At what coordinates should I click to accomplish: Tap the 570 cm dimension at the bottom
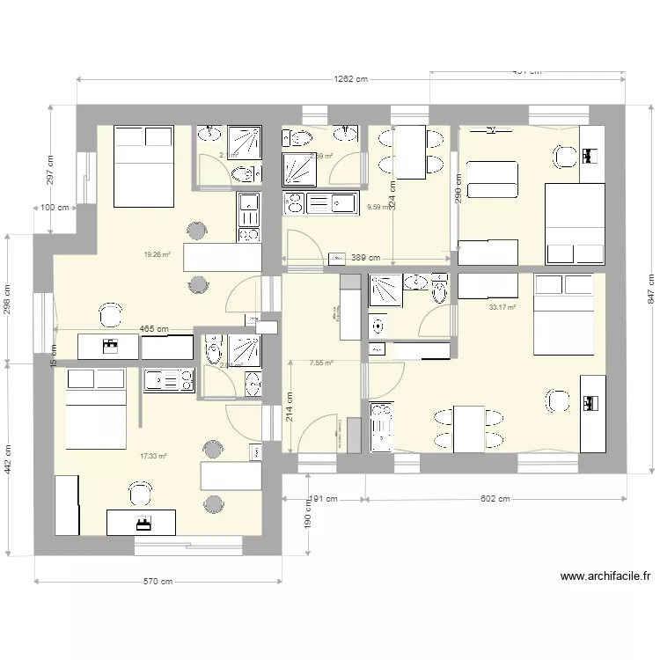[x=158, y=582]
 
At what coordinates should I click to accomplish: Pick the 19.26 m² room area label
[x=157, y=255]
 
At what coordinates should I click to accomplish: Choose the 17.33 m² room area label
[x=153, y=456]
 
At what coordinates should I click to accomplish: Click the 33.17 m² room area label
[x=502, y=307]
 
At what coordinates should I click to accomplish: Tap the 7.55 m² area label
[x=321, y=362]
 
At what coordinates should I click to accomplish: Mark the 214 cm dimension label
[x=290, y=407]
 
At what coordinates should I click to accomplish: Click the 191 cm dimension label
[x=320, y=499]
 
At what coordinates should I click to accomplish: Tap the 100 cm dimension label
[x=55, y=209]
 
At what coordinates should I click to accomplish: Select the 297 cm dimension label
[x=49, y=170]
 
